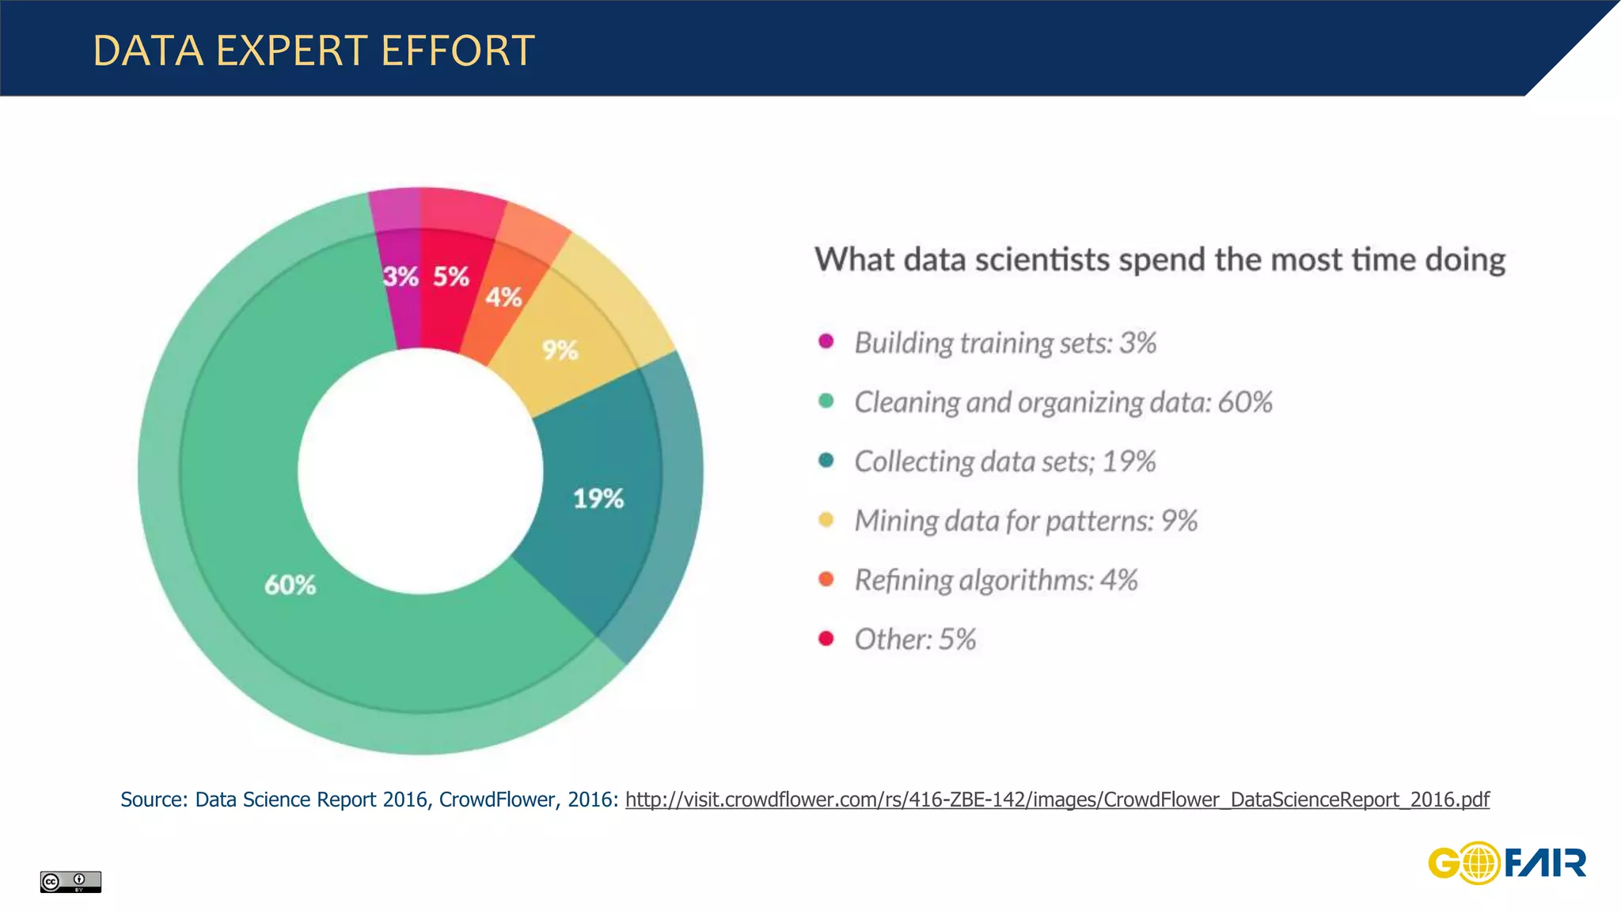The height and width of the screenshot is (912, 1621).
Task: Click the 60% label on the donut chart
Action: coord(290,585)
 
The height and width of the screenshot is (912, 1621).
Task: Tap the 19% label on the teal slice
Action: coord(598,499)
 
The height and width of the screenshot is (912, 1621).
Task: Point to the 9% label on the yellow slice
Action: coord(560,350)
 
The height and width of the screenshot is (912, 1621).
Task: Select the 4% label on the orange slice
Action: coord(503,298)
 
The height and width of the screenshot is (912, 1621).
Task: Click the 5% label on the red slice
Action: coord(451,276)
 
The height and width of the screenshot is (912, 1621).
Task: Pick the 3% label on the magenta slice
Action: coord(401,276)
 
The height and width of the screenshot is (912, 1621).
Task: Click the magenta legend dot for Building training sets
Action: coord(826,341)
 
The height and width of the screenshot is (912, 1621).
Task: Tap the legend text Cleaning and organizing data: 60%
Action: coord(1063,402)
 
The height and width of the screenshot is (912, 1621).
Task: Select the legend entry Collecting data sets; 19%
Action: coord(1005,462)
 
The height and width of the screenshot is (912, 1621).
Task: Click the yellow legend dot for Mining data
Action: coord(826,519)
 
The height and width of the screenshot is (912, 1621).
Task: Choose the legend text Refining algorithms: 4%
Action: coord(996,580)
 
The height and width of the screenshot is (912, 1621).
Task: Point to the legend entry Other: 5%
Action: coord(915,640)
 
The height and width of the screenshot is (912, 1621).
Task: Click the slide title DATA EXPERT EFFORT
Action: coord(313,51)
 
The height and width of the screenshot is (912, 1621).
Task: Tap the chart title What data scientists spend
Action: coord(1160,260)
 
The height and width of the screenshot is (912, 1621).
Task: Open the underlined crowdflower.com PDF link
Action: coord(1057,800)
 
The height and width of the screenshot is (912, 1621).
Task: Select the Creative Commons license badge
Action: coord(70,881)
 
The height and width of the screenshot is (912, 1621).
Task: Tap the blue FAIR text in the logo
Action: coord(1545,863)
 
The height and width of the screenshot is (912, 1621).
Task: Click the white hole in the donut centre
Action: coord(420,471)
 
